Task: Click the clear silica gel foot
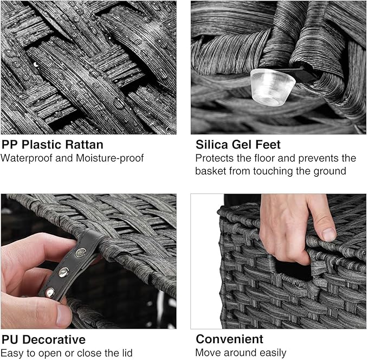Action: click(273, 87)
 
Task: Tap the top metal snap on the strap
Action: click(81, 253)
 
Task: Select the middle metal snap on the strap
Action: click(63, 272)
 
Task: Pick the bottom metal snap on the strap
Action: click(50, 293)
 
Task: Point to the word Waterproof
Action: click(26, 158)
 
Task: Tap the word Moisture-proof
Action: click(109, 158)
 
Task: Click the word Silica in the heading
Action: click(212, 144)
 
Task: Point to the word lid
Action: click(127, 353)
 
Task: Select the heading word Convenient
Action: click(230, 339)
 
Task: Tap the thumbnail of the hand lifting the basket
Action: click(279, 261)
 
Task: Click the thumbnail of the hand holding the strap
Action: click(88, 261)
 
